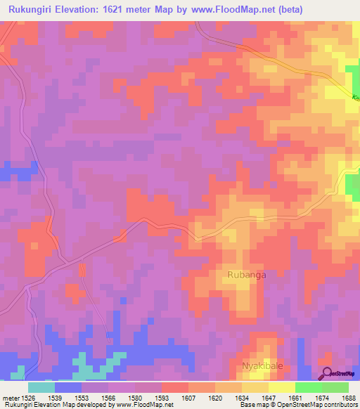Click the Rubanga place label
coord(245,276)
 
